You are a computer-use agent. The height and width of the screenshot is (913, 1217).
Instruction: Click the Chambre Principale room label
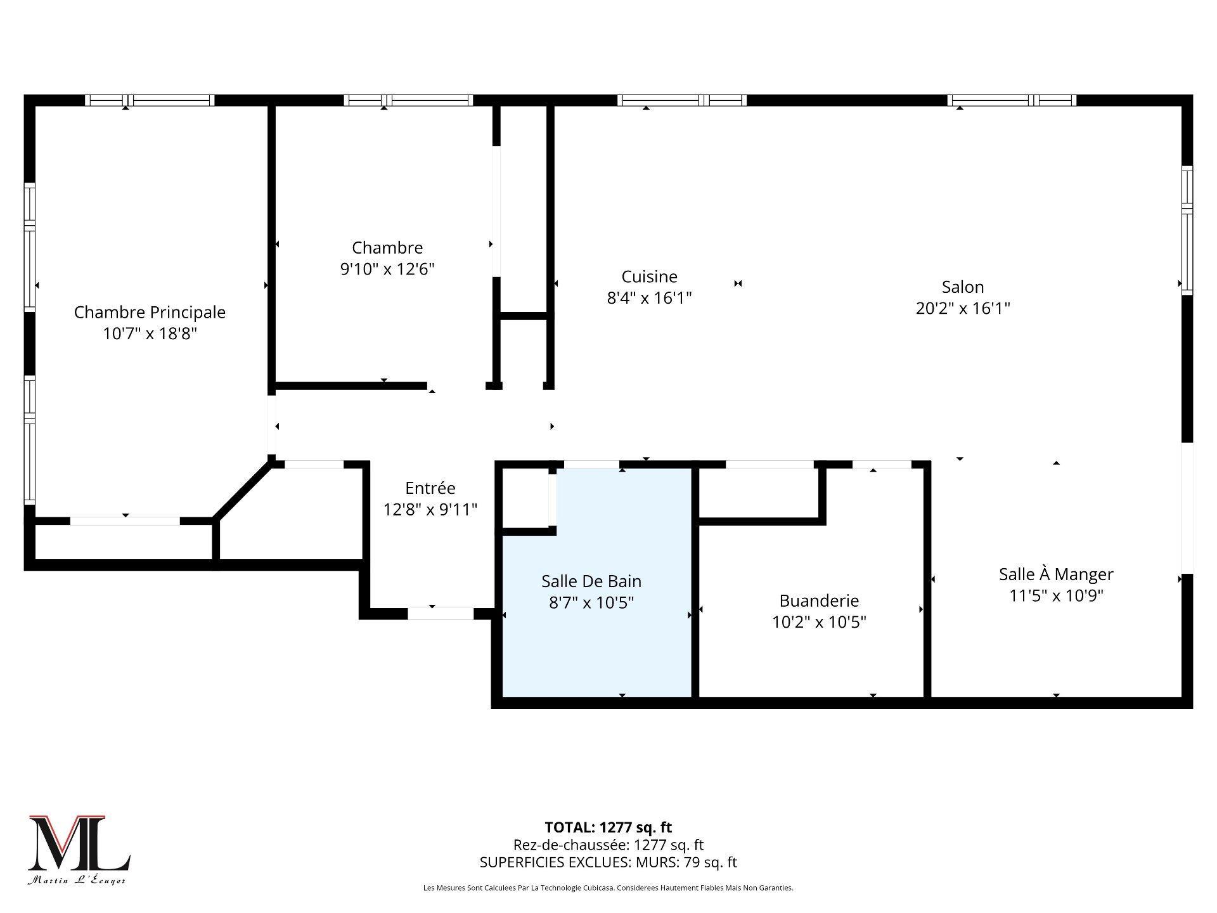coord(150,312)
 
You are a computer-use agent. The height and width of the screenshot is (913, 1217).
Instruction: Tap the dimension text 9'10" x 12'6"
coord(387,269)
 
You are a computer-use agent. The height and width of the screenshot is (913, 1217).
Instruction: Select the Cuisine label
coord(649,276)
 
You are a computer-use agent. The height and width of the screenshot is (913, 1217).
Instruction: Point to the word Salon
coord(962,287)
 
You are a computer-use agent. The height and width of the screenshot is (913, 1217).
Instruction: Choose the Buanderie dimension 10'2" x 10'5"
coord(819,622)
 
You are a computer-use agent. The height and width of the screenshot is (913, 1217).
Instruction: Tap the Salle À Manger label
coord(1055,574)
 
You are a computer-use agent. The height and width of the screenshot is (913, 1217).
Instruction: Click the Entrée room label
coord(430,488)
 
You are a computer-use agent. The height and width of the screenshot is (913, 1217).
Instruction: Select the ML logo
coord(79,844)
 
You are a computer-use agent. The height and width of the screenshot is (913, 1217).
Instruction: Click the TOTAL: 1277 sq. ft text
coord(608,827)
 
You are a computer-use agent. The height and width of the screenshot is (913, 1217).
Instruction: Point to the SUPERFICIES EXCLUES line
coord(608,862)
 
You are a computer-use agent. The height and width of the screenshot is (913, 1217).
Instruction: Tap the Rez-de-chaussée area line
coord(608,845)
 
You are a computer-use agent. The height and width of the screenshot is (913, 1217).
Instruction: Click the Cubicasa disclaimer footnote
coord(608,888)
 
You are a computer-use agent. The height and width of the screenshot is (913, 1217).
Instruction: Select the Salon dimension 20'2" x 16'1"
coord(962,308)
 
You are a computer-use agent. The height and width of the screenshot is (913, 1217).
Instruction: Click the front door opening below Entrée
coord(440,613)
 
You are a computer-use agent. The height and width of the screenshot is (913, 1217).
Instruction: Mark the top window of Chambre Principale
coord(150,100)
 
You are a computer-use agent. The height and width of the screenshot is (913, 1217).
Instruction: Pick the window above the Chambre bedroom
coord(409,100)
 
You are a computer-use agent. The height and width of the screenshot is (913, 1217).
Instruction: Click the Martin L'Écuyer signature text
coord(76,881)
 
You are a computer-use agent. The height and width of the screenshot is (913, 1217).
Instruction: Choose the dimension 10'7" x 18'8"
coord(150,333)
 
